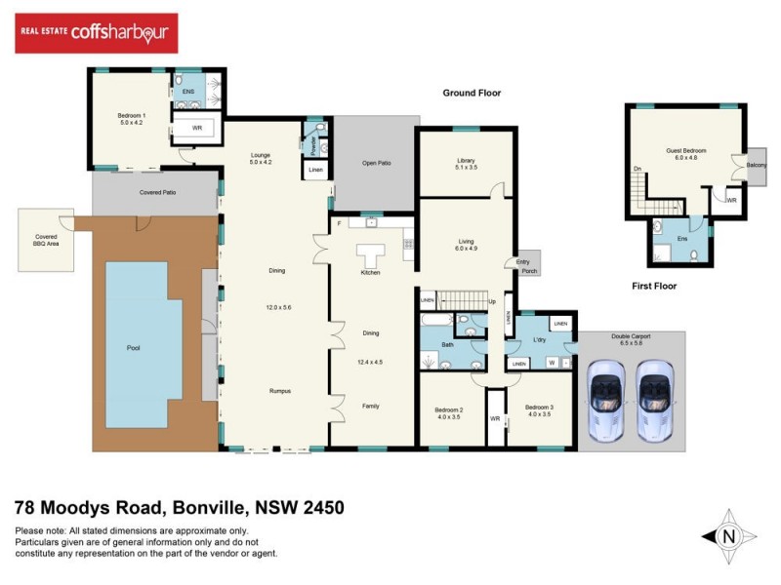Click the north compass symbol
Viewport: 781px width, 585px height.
click(728, 535)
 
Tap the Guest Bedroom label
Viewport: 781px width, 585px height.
click(685, 154)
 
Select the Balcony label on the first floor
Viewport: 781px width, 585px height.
click(756, 166)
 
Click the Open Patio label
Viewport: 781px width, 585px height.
click(376, 163)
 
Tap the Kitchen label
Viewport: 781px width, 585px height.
click(370, 272)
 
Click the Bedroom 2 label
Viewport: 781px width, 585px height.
click(448, 411)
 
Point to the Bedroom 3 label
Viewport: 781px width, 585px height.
click(538, 411)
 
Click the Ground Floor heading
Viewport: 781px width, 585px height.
click(472, 94)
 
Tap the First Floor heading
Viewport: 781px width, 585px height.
click(652, 287)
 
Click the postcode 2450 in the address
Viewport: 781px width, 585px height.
click(318, 508)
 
